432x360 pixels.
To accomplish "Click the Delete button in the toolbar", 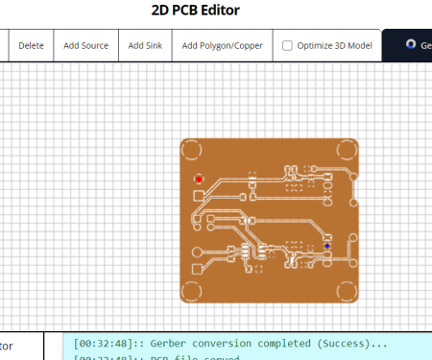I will (31, 45).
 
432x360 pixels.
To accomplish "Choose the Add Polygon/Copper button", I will (222, 45).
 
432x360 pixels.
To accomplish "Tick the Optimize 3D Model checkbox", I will (288, 45).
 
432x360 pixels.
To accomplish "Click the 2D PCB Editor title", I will (195, 11).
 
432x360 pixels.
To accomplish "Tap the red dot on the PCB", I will (199, 178).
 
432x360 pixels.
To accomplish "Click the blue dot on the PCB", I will (326, 246).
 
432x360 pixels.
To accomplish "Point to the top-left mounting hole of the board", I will (192, 152).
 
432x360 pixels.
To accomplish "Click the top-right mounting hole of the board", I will (346, 152).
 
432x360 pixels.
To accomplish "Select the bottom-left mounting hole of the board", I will (192, 290).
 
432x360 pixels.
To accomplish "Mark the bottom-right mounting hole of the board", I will (346, 290).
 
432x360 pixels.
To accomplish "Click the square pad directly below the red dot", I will (199, 195).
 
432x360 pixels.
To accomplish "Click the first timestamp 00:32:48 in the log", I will (105, 343).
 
